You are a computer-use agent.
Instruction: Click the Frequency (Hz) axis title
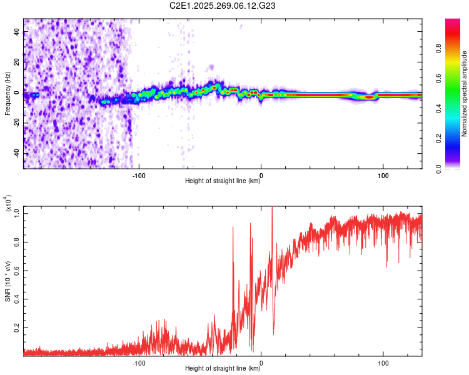tap(8, 94)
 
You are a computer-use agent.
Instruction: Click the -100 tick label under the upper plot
tap(139, 174)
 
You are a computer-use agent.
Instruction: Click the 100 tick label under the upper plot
tap(382, 174)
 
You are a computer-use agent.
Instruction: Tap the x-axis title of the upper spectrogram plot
tap(223, 181)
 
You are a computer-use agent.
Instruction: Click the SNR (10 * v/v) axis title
tap(8, 279)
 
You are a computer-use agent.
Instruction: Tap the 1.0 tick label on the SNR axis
tap(17, 213)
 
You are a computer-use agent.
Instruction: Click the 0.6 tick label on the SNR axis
tap(17, 270)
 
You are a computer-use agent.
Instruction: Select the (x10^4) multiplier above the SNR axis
tap(8, 204)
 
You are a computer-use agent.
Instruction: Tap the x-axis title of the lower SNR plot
tap(223, 369)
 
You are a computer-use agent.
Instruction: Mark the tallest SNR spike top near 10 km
tap(271, 208)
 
